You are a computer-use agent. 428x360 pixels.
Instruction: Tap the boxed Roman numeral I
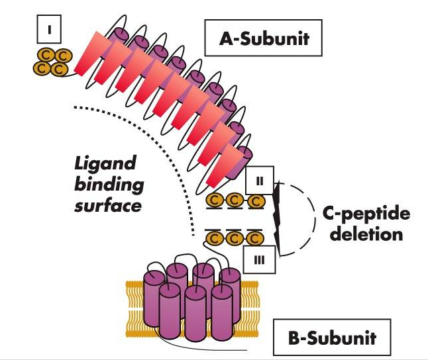[x=48, y=30]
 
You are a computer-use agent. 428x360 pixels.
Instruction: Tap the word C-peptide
[x=366, y=214]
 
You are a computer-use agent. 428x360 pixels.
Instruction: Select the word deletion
[x=366, y=234]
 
